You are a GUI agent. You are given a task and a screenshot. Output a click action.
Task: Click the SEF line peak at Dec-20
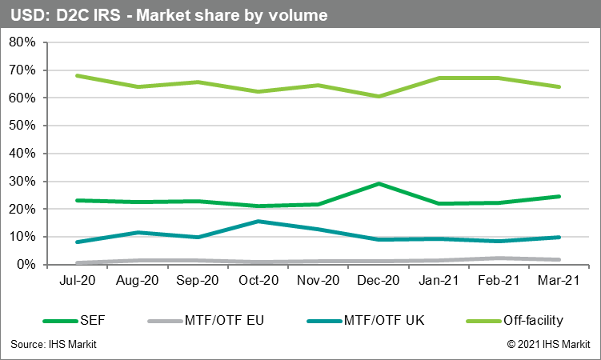click(x=379, y=183)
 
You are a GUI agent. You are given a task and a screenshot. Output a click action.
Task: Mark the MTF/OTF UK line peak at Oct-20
click(x=257, y=221)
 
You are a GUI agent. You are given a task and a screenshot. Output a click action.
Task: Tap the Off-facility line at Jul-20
click(x=77, y=76)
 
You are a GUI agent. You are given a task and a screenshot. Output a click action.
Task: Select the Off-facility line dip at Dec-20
click(x=379, y=96)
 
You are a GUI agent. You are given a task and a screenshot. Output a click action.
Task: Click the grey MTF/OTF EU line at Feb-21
click(x=499, y=258)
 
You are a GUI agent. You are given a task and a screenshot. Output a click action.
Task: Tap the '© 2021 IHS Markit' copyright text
click(x=548, y=344)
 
